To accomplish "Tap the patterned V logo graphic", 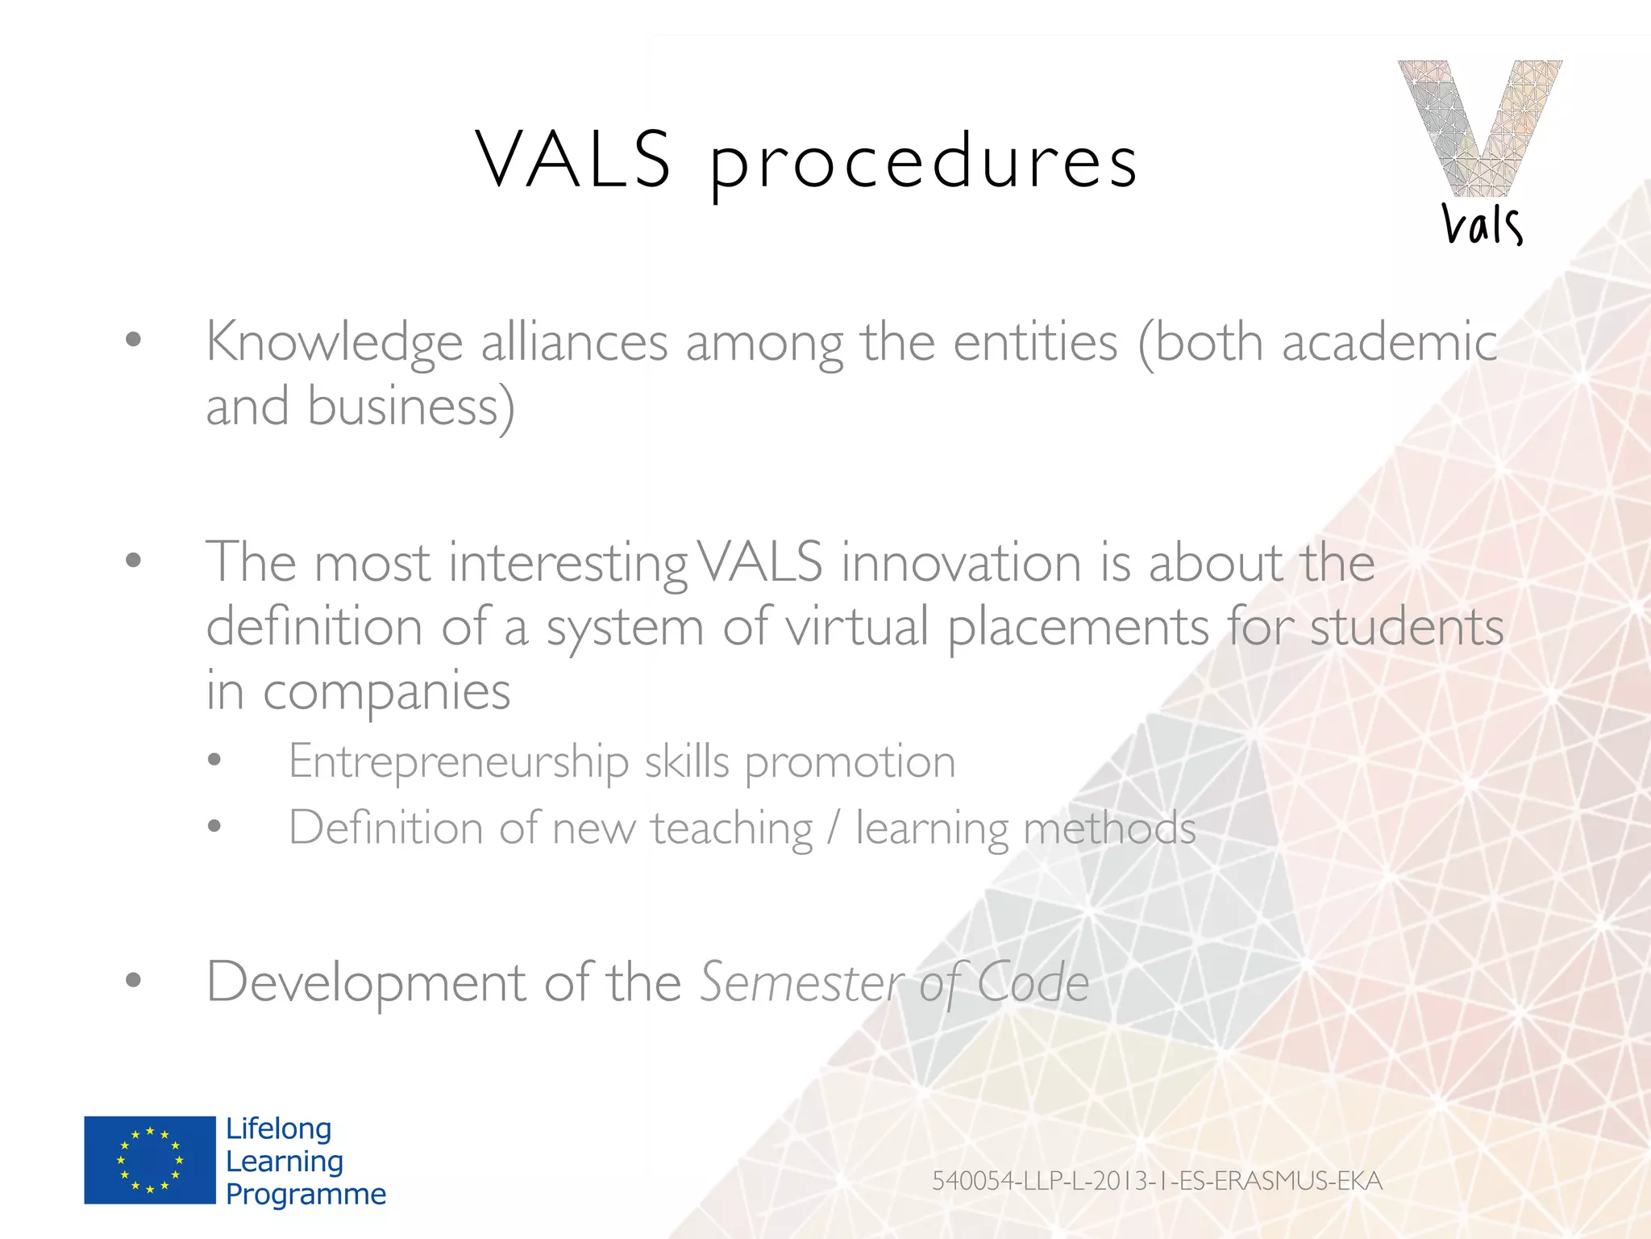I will [x=1479, y=125].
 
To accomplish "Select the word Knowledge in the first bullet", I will [x=334, y=344].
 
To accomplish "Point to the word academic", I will [x=1389, y=342].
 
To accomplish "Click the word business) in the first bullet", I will [x=411, y=407].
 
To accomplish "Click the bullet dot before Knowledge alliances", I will [x=134, y=340].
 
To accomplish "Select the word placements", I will [x=1078, y=628].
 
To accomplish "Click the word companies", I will [x=386, y=693].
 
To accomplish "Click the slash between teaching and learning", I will [x=834, y=828].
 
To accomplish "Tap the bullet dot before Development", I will [x=134, y=980].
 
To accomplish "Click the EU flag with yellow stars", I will [x=150, y=1160].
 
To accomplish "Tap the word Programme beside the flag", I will [x=306, y=1194].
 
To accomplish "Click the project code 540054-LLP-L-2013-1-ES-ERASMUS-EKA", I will [x=1157, y=1181].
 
